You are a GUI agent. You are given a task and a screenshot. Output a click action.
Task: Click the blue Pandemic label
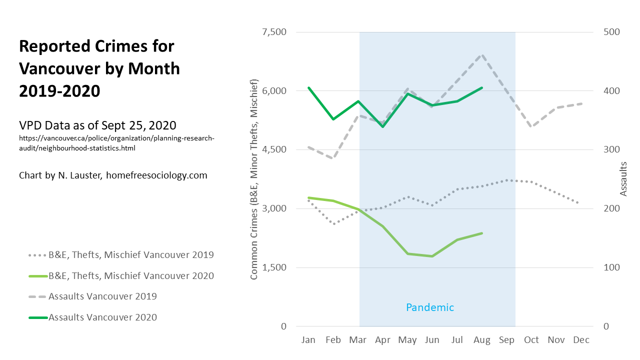[x=430, y=307]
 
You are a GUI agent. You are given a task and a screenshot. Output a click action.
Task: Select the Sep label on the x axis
[x=506, y=340]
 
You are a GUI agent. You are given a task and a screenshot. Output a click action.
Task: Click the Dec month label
[x=581, y=340]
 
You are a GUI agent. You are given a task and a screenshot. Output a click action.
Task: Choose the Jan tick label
[x=308, y=340]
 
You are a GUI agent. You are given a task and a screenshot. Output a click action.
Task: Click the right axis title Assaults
[x=623, y=178]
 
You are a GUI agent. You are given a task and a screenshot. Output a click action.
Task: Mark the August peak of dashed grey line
[x=482, y=55]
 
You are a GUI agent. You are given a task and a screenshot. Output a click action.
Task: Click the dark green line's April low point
[x=383, y=126]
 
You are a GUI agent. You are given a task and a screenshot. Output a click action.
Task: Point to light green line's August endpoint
[x=482, y=233]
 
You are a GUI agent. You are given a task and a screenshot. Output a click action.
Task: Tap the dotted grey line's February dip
[x=333, y=223]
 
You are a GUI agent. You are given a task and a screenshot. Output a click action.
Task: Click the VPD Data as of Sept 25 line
[x=97, y=125]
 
